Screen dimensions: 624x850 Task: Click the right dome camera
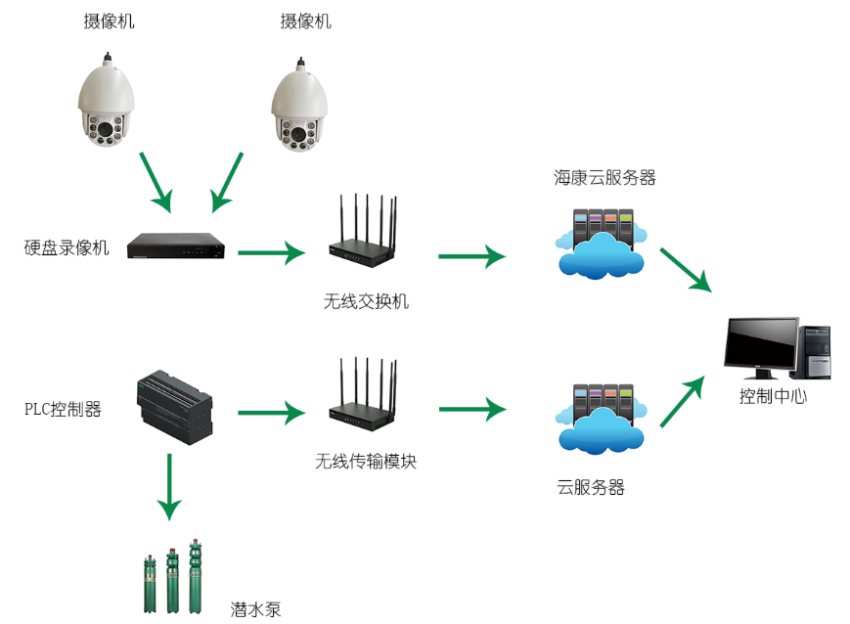coord(299,109)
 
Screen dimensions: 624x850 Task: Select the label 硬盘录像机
coord(67,247)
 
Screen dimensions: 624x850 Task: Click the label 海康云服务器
coord(604,177)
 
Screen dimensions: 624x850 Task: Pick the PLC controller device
coord(174,405)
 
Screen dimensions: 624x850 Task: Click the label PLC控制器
coord(63,409)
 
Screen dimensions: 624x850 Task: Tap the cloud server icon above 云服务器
coord(600,419)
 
